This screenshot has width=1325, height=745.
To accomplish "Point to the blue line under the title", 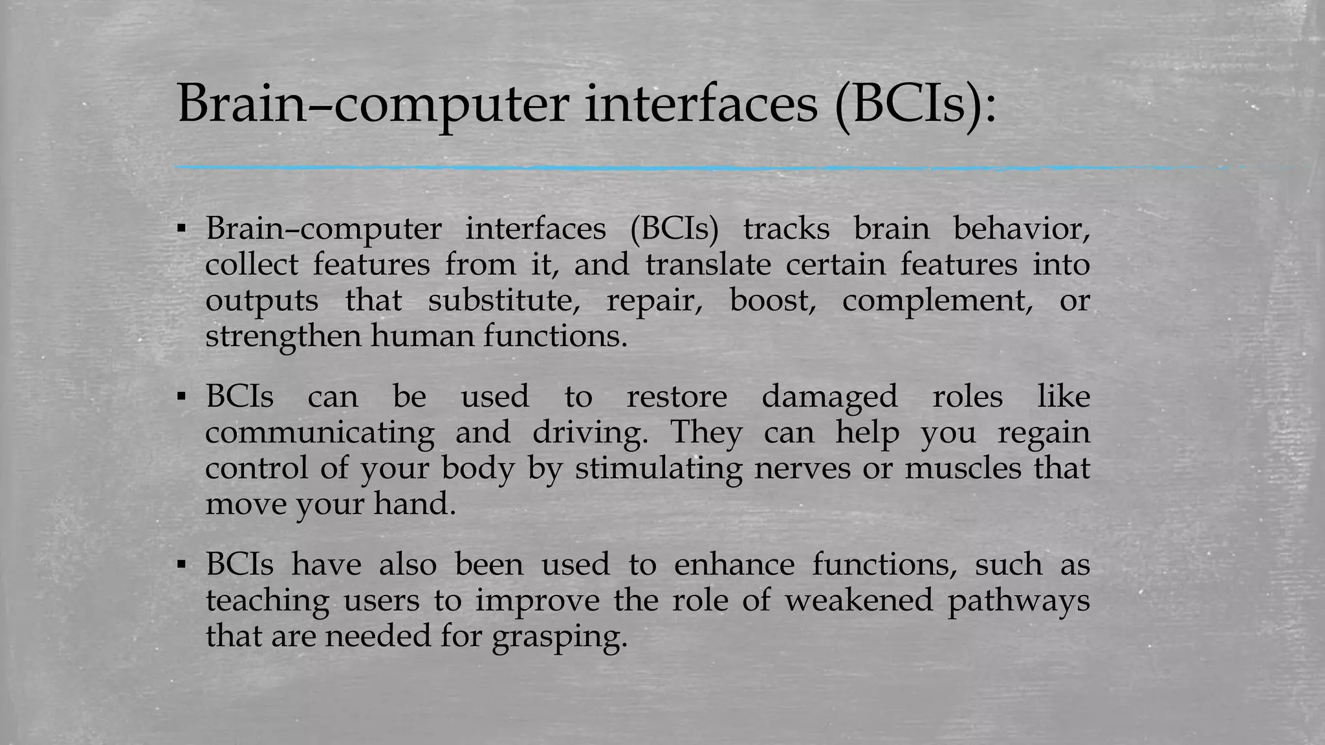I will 647,168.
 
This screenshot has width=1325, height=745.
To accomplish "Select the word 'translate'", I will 708,265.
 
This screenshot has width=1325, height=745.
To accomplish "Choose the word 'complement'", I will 937,301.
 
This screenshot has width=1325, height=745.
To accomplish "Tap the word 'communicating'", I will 320,433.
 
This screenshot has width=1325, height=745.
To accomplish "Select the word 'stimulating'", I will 659,468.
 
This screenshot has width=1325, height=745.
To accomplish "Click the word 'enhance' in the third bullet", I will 734,565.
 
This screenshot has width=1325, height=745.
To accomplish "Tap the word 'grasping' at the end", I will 560,637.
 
